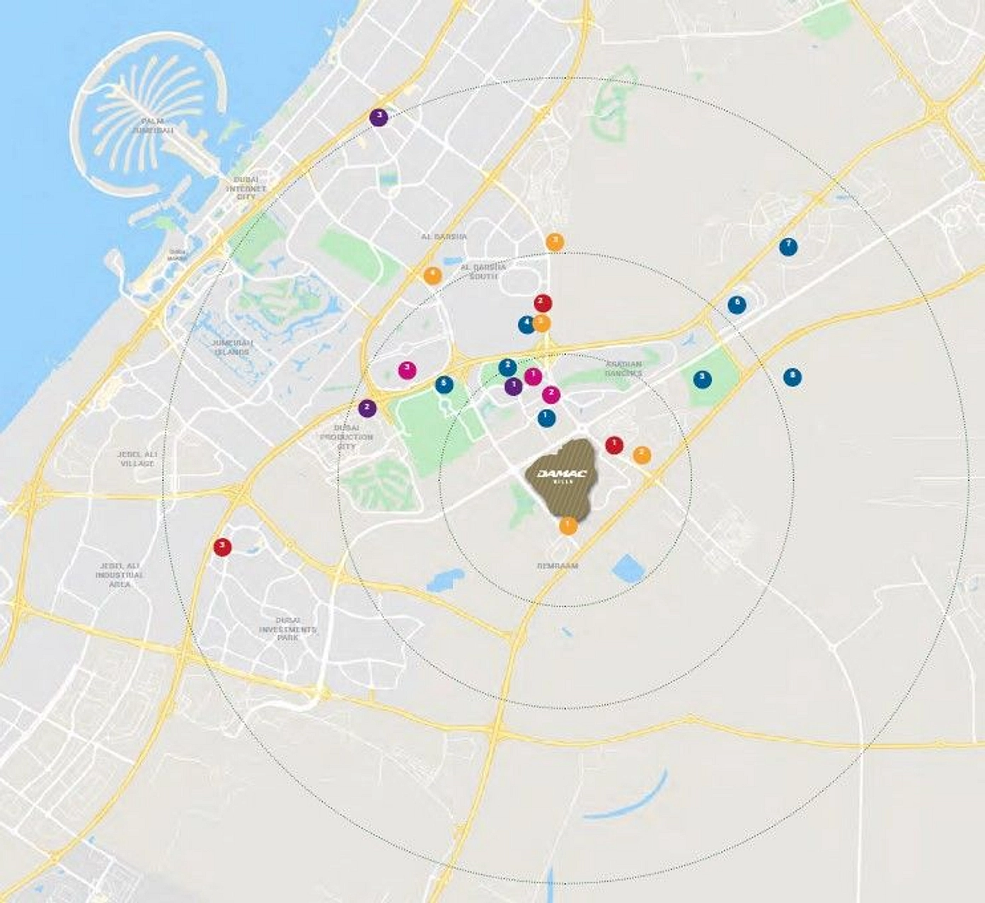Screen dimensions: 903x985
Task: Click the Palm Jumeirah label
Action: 156,126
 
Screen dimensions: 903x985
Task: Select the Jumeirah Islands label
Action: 231,347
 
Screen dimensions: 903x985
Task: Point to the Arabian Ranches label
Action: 623,368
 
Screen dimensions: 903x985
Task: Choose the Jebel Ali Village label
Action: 137,459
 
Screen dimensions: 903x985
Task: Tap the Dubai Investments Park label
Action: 287,629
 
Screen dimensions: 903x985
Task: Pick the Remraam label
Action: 557,566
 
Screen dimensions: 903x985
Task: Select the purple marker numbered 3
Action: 379,117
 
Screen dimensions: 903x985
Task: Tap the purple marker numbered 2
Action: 367,408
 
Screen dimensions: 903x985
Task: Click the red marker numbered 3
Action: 222,546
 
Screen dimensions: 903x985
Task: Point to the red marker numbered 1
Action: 614,445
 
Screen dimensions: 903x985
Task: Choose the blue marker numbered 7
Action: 788,246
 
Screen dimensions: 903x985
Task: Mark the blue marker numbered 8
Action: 793,377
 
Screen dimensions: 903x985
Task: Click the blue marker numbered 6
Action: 737,305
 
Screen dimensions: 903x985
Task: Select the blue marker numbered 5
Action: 444,384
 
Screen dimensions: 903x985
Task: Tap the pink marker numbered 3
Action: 407,369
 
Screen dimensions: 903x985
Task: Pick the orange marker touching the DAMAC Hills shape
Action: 568,526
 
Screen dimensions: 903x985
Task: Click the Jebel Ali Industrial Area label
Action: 120,575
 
